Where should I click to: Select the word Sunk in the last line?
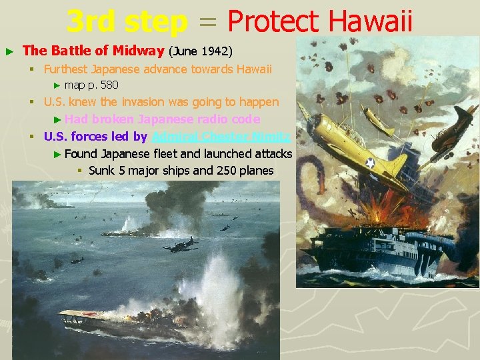click(101, 171)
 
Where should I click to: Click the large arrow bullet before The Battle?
click(9, 51)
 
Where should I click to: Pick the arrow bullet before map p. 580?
click(57, 85)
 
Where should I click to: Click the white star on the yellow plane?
click(370, 162)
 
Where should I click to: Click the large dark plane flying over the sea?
click(180, 245)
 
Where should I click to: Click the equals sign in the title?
click(207, 23)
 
